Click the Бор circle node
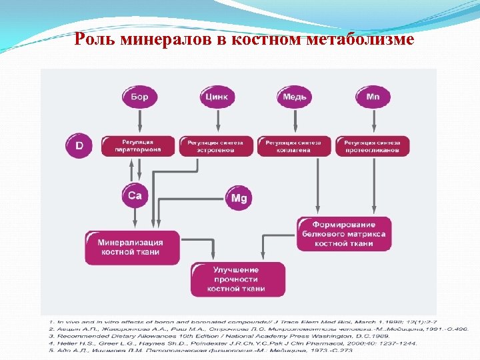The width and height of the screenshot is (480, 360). click(x=139, y=97)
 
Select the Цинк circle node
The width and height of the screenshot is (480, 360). click(x=217, y=97)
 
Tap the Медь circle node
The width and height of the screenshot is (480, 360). click(x=295, y=97)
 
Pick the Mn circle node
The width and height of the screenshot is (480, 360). click(x=373, y=97)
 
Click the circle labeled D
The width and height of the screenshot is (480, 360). click(x=79, y=145)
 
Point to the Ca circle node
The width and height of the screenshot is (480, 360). click(x=135, y=195)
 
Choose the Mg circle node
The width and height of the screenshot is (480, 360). click(x=238, y=197)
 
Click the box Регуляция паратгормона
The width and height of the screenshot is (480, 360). click(x=138, y=146)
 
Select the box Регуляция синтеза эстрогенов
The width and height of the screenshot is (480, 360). click(x=215, y=146)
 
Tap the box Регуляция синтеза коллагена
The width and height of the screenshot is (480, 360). click(x=293, y=146)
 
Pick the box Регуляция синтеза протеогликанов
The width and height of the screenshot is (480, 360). click(x=372, y=146)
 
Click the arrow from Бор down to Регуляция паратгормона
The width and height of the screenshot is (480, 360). click(x=139, y=121)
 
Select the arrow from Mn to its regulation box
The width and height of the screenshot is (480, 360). click(x=373, y=121)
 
